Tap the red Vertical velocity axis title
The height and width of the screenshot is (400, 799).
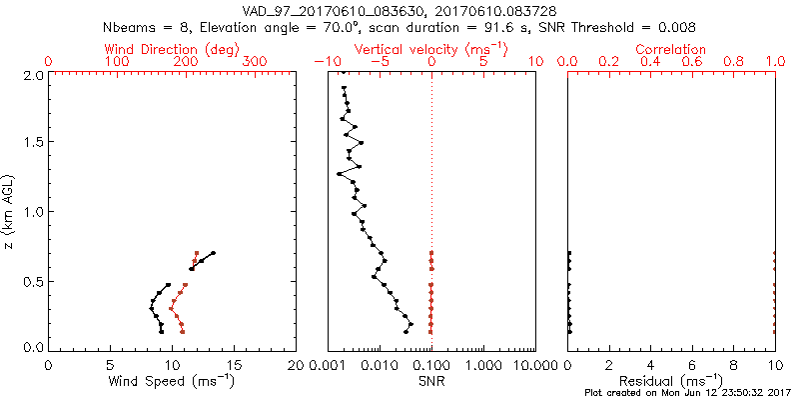click(431, 49)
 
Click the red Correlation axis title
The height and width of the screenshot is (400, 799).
click(671, 49)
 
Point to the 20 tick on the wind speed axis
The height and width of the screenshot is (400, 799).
click(297, 364)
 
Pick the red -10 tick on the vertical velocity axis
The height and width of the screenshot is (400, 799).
click(324, 62)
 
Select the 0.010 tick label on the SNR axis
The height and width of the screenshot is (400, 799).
click(379, 364)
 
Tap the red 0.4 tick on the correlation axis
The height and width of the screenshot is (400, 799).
click(650, 62)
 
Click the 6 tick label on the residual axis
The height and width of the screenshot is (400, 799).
click(692, 364)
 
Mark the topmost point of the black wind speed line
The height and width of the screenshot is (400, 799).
click(213, 253)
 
